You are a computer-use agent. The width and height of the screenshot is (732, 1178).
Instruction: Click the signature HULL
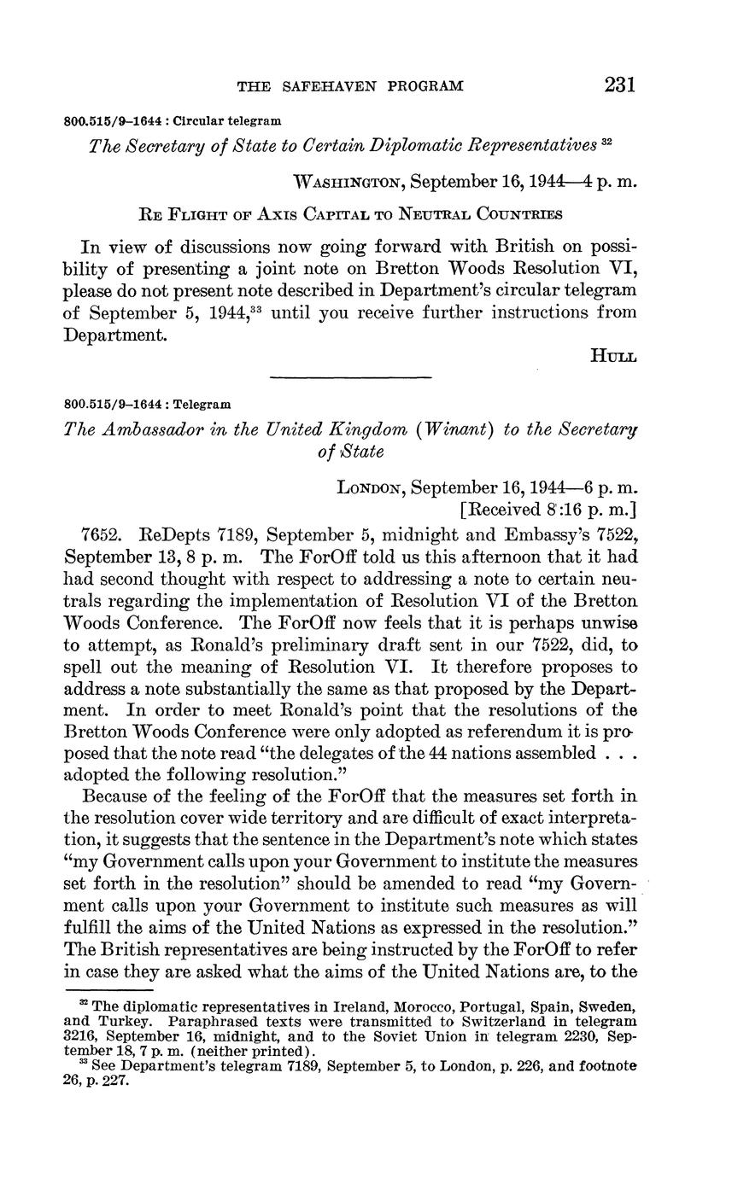click(613, 357)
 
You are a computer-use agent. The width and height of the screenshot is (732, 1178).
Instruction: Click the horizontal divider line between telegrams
click(350, 376)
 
